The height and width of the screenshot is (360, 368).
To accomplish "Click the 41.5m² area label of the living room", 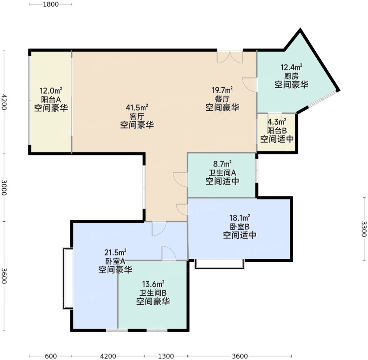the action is [137, 108].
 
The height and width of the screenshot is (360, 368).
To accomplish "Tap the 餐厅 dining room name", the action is [222, 99].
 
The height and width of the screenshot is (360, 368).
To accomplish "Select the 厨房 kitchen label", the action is [292, 76].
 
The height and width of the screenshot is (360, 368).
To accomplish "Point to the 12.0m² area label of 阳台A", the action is [51, 91].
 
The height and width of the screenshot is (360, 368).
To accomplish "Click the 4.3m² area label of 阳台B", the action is [277, 122].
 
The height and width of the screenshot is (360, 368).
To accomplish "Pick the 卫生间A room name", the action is [222, 173].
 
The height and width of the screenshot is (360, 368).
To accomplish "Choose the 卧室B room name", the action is [240, 226].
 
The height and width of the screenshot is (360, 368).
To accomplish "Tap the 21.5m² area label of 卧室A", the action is [116, 253].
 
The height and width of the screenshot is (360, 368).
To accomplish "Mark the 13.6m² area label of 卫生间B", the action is [153, 284].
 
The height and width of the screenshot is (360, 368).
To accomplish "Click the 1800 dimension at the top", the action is [51, 4].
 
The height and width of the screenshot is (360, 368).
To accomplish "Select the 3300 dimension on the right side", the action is [364, 229].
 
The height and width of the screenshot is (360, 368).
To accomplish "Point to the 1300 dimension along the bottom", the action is [166, 356].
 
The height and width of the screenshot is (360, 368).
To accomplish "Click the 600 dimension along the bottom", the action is [51, 356].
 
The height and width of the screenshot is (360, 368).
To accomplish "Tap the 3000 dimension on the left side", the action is [4, 187].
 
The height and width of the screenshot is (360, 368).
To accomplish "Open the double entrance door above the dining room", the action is [230, 57].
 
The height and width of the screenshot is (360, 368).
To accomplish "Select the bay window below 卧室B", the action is [219, 264].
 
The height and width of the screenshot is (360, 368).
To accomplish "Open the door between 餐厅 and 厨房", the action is [250, 84].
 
